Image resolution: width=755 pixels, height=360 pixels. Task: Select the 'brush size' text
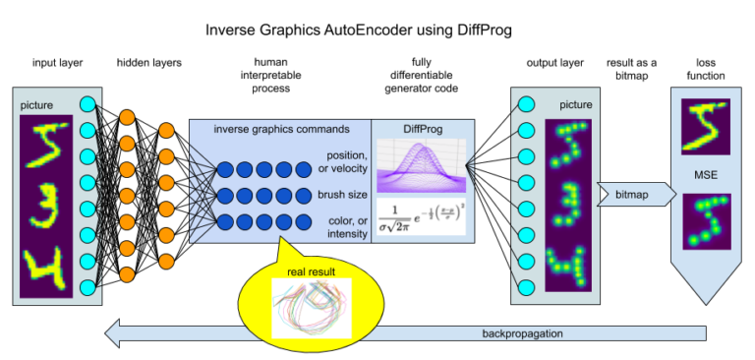pyautogui.click(x=342, y=195)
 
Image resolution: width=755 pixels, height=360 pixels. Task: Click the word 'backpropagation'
pyautogui.click(x=522, y=333)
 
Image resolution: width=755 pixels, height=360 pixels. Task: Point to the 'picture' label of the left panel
pyautogui.click(x=37, y=105)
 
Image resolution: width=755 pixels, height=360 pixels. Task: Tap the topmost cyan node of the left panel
pyautogui.click(x=87, y=104)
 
